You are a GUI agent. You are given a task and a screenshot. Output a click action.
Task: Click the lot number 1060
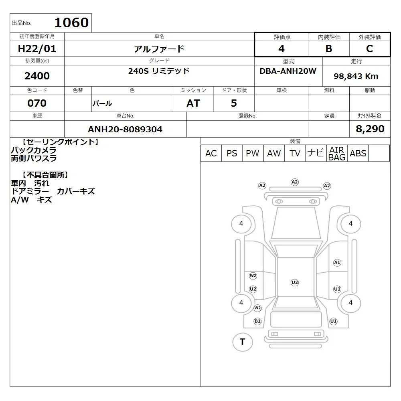click(72, 22)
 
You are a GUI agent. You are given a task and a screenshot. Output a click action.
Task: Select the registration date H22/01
click(37, 49)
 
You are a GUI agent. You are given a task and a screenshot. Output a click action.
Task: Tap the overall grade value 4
click(282, 49)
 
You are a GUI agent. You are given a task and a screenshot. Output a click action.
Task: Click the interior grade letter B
click(329, 49)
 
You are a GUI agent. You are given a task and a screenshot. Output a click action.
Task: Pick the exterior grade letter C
click(370, 49)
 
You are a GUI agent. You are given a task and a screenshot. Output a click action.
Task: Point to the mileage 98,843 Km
click(356, 76)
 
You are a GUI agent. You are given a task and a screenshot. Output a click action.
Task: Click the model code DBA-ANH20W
click(288, 71)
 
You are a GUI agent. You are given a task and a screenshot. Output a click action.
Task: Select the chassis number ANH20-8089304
click(125, 129)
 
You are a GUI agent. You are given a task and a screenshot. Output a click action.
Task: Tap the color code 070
click(37, 103)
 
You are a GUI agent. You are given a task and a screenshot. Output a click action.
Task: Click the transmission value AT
click(193, 103)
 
